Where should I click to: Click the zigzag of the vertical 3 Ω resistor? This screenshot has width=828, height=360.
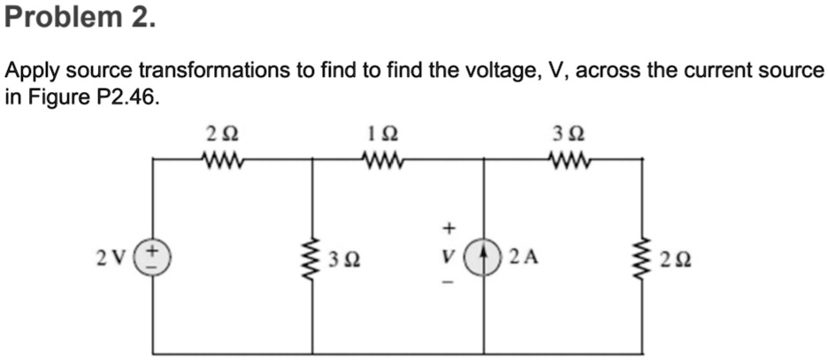click(312, 257)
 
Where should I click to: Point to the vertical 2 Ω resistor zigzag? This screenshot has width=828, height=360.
click(643, 257)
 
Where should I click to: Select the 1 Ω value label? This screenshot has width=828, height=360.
click(384, 134)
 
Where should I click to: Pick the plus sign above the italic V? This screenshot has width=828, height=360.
click(448, 230)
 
